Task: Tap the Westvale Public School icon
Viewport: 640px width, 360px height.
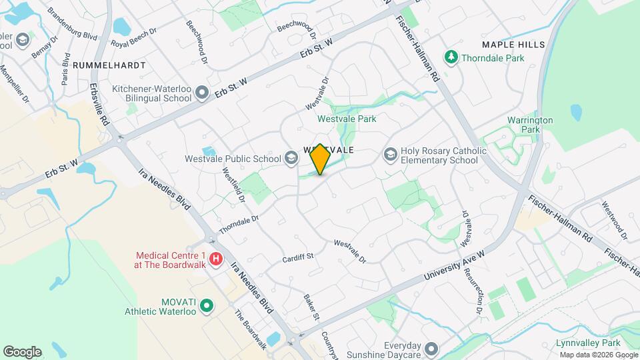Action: coord(291,158)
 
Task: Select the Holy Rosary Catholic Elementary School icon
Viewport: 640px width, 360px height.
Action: coord(390,155)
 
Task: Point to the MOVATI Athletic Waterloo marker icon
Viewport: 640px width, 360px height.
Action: coord(207,306)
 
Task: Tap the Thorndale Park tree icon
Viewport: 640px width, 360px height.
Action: coord(451,57)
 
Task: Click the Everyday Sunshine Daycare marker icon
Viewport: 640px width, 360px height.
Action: coord(432,349)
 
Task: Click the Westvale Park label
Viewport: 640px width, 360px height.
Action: coord(347,119)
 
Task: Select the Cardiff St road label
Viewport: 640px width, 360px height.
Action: coord(297,257)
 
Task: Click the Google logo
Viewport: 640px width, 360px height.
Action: coord(21,351)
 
